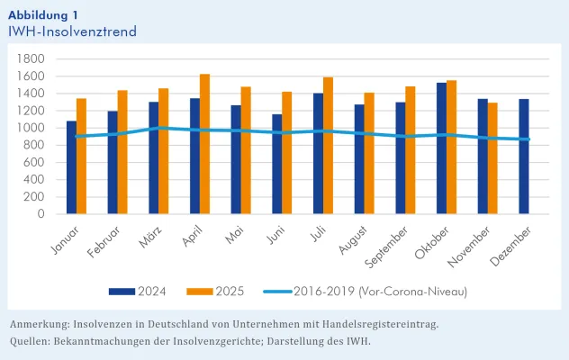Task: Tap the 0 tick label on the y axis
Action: (x=41, y=214)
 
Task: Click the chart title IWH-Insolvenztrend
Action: (x=72, y=31)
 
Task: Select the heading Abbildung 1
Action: (x=42, y=14)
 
